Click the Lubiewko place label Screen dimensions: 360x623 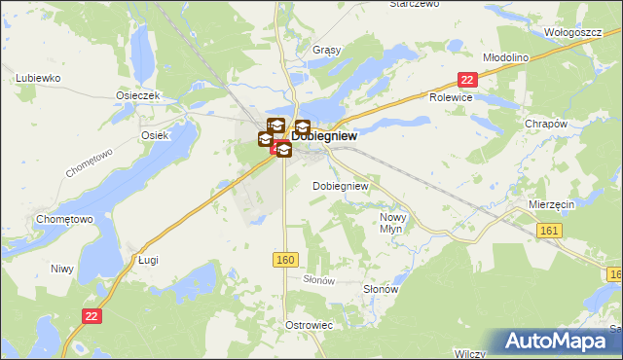[x=39, y=77]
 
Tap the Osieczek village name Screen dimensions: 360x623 [x=137, y=95]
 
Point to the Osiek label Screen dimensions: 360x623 [x=155, y=135]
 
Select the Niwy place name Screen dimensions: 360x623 [x=62, y=268]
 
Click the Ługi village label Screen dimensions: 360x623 [x=148, y=260]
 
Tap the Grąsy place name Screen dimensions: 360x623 [x=298, y=50]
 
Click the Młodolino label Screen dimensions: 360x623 [x=505, y=57]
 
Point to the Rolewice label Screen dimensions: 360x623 [x=451, y=98]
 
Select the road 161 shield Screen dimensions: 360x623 [x=550, y=227]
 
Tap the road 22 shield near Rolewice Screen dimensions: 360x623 [x=468, y=81]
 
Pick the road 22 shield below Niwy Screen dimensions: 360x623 [x=92, y=315]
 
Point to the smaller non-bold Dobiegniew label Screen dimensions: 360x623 [x=340, y=185]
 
